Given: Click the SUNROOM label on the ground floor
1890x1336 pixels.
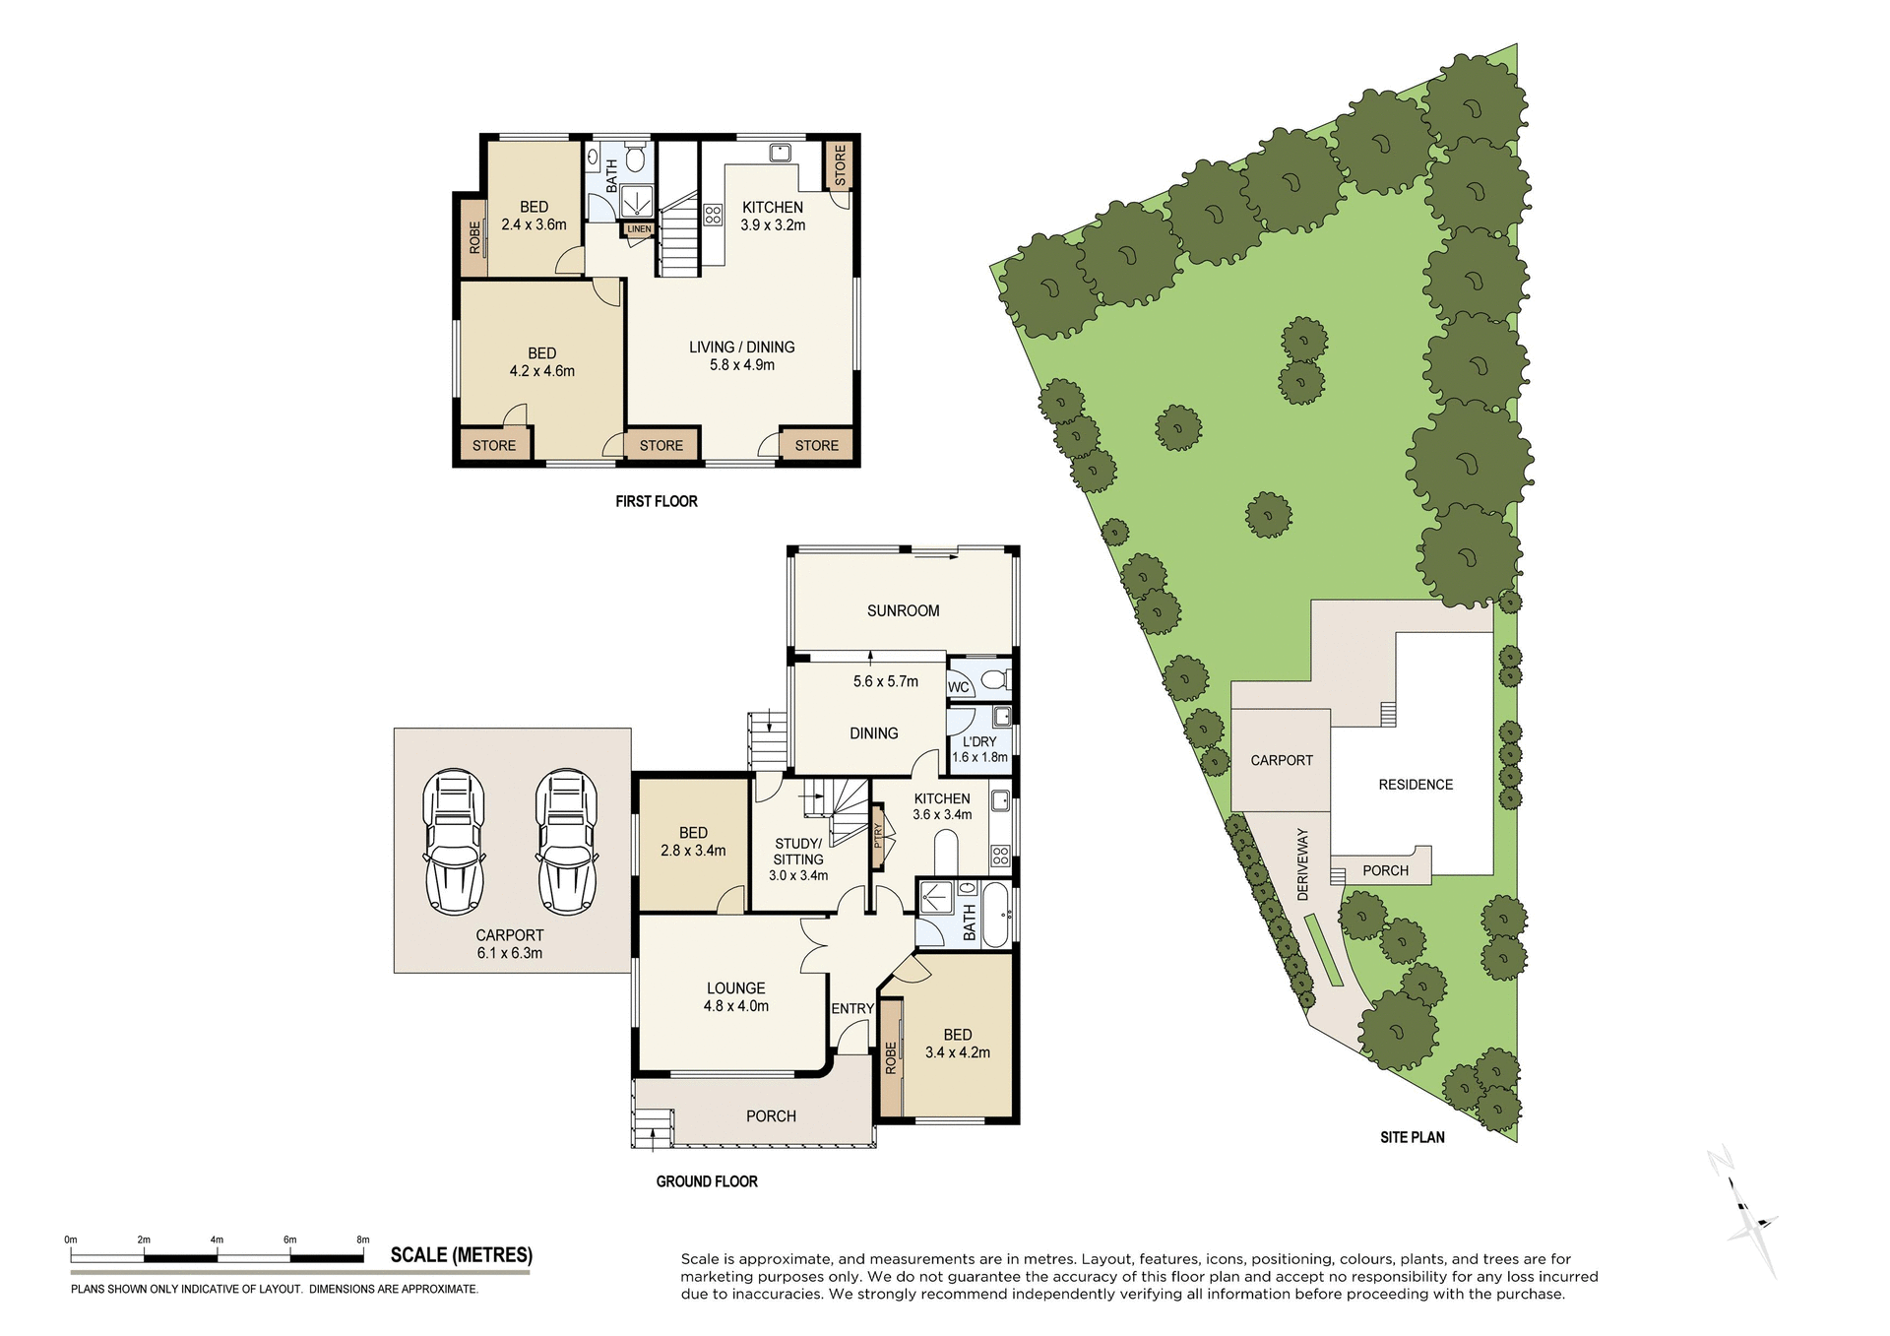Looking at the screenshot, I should tap(903, 610).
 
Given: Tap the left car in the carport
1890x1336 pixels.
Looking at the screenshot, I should tap(454, 842).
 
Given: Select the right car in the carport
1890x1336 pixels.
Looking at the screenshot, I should tap(567, 842).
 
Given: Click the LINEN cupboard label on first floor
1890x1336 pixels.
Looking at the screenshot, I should tap(639, 229).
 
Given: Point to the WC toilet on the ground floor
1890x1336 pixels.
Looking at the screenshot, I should tap(994, 679).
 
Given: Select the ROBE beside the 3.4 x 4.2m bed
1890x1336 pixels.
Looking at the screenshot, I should tap(891, 1058).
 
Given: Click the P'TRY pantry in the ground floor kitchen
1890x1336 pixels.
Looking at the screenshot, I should tap(878, 836).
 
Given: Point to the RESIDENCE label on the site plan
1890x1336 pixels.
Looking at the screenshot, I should tap(1415, 785).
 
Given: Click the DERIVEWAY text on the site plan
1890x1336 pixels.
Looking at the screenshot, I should tap(1302, 863).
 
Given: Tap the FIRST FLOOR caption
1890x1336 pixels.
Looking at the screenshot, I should tap(656, 501).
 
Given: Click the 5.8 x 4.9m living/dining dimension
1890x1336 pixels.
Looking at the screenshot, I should tap(741, 365).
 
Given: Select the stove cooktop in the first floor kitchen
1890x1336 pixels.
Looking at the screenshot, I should tap(713, 214).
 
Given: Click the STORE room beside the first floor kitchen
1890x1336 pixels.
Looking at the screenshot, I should tap(840, 165).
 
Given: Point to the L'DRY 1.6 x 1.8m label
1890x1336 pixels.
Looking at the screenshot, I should tap(978, 749).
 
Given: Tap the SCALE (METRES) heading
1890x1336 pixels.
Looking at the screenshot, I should tap(461, 1255).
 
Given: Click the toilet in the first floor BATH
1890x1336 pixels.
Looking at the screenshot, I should tap(636, 158).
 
